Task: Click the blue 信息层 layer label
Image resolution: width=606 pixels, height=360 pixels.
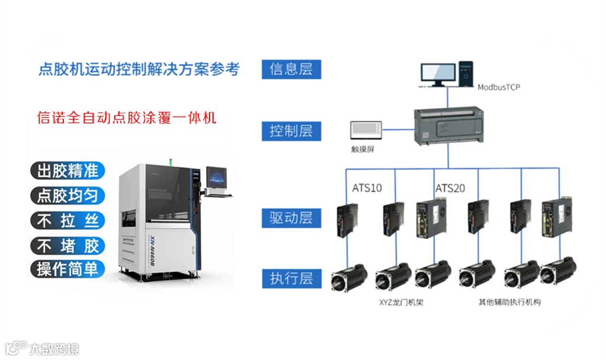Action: click(291, 69)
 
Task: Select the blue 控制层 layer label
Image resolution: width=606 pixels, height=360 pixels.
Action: click(291, 130)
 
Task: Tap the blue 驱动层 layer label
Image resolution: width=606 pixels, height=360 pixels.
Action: click(291, 217)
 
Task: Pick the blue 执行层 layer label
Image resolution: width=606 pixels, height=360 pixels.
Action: click(291, 278)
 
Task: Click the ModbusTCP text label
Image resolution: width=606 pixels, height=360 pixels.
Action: click(499, 86)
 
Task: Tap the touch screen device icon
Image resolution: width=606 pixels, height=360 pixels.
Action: click(366, 131)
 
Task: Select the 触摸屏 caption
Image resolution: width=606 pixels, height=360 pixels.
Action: click(363, 149)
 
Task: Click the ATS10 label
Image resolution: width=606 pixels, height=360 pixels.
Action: click(367, 188)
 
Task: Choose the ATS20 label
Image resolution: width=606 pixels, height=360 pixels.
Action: click(450, 188)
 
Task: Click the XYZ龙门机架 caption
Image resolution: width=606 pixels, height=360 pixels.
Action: click(402, 302)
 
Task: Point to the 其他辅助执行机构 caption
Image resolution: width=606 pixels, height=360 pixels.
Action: click(510, 302)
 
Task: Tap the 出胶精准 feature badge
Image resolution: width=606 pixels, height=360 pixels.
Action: click(67, 171)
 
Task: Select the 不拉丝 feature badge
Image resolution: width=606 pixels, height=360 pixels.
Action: click(67, 221)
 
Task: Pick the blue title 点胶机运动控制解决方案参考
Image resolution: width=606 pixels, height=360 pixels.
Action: click(138, 69)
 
